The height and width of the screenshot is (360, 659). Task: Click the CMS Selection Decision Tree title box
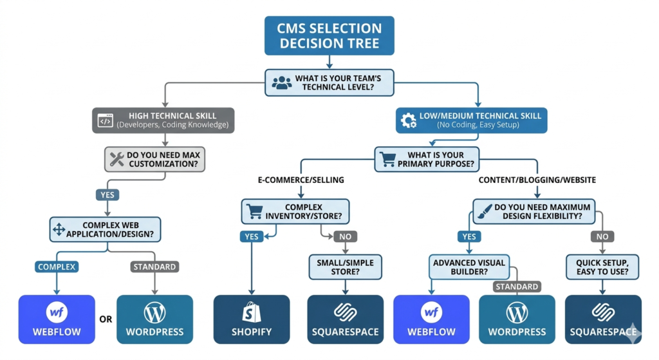[329, 37]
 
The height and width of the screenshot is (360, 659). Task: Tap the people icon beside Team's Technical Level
[282, 82]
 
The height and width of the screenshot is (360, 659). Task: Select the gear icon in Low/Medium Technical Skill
[408, 120]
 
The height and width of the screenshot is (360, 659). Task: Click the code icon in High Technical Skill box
[105, 120]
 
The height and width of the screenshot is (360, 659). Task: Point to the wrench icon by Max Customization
[117, 159]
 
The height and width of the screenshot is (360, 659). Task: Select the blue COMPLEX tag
[57, 266]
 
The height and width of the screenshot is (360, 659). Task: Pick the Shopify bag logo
[251, 312]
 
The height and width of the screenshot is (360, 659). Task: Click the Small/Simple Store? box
[345, 267]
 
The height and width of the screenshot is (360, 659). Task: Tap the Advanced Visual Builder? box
[469, 267]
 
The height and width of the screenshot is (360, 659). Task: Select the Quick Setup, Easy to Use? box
[602, 267]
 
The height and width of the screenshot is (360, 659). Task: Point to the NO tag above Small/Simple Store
[346, 237]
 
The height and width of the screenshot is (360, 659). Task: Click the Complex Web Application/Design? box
[106, 229]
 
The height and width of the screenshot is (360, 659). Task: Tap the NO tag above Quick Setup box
[602, 237]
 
